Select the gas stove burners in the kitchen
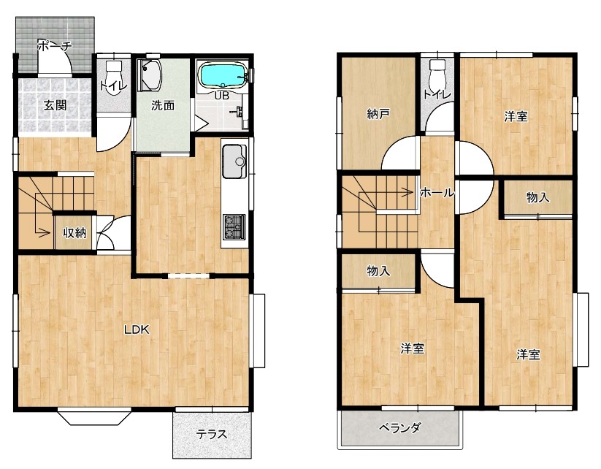[234, 226]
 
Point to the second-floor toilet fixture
[437, 74]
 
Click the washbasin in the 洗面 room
[150, 75]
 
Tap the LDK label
[137, 329]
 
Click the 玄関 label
[55, 105]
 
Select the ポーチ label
[55, 46]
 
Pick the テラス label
[212, 435]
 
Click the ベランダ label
[400, 427]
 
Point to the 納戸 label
[378, 114]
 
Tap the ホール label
[437, 193]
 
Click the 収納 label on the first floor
[74, 232]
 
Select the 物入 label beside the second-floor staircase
[378, 271]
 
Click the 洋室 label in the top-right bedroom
[516, 116]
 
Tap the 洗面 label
[163, 105]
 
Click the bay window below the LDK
[95, 418]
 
